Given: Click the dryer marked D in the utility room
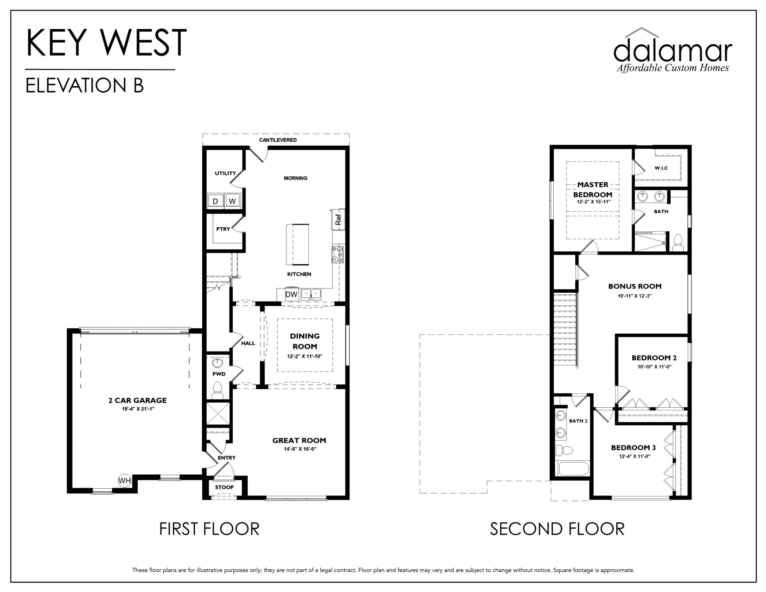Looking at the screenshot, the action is (x=215, y=201).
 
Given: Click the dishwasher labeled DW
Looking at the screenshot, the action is (x=292, y=294).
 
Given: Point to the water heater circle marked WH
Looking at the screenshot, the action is (x=124, y=481).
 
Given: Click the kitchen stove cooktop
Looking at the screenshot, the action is (x=338, y=255).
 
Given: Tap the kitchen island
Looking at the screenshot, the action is (x=297, y=245).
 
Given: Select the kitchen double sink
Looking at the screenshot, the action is (x=311, y=294).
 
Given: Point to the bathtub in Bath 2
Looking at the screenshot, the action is (x=574, y=468).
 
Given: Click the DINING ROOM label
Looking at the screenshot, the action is (x=305, y=341).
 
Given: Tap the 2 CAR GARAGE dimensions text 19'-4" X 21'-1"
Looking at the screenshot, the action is (x=138, y=409).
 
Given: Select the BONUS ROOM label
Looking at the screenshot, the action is (x=635, y=286).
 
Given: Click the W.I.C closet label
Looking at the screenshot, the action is (x=661, y=168).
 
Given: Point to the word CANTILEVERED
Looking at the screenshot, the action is (x=278, y=140).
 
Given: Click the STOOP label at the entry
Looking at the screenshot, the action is (x=224, y=487).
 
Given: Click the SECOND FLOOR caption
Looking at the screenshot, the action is (x=557, y=529).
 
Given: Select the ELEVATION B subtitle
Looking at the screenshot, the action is (x=85, y=85).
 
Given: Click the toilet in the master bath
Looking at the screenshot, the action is (x=678, y=243).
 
